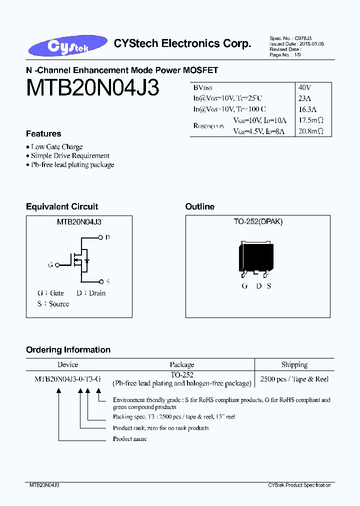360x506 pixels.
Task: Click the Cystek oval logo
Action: pos(68,45)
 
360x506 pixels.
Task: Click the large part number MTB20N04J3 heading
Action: pos(92,88)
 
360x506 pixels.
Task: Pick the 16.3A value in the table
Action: pos(306,109)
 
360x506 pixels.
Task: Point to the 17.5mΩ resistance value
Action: pos(310,120)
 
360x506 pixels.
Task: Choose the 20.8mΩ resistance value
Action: pos(310,131)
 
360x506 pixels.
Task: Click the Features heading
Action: pos(43,134)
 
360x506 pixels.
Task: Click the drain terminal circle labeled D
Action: pos(100,237)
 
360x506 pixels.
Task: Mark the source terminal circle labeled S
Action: pos(100,281)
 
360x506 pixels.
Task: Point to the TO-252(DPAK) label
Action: pos(258,222)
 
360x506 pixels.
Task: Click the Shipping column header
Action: pos(294,364)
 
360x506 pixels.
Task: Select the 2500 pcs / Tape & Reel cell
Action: pos(294,379)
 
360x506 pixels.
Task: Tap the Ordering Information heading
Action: pos(68,350)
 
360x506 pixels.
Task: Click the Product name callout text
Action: pos(130,439)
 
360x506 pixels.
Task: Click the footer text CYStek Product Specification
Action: pos(299,485)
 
